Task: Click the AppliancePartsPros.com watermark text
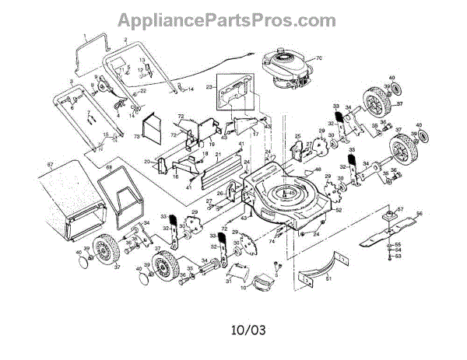point(233,19)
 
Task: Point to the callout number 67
point(50,165)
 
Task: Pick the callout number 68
point(109,169)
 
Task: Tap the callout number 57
point(401,208)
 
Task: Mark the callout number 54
point(398,250)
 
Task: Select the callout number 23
point(209,88)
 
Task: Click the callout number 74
point(272,242)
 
